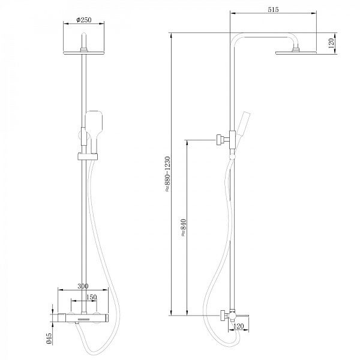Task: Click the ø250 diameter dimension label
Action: (83, 20)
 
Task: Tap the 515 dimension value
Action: (273, 10)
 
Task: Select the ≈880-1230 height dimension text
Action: (167, 174)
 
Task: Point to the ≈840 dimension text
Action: (184, 228)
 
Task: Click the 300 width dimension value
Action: (83, 286)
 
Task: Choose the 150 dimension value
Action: (91, 297)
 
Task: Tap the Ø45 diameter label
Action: (49, 338)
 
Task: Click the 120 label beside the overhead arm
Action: (331, 43)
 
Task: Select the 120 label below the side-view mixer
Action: (239, 326)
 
